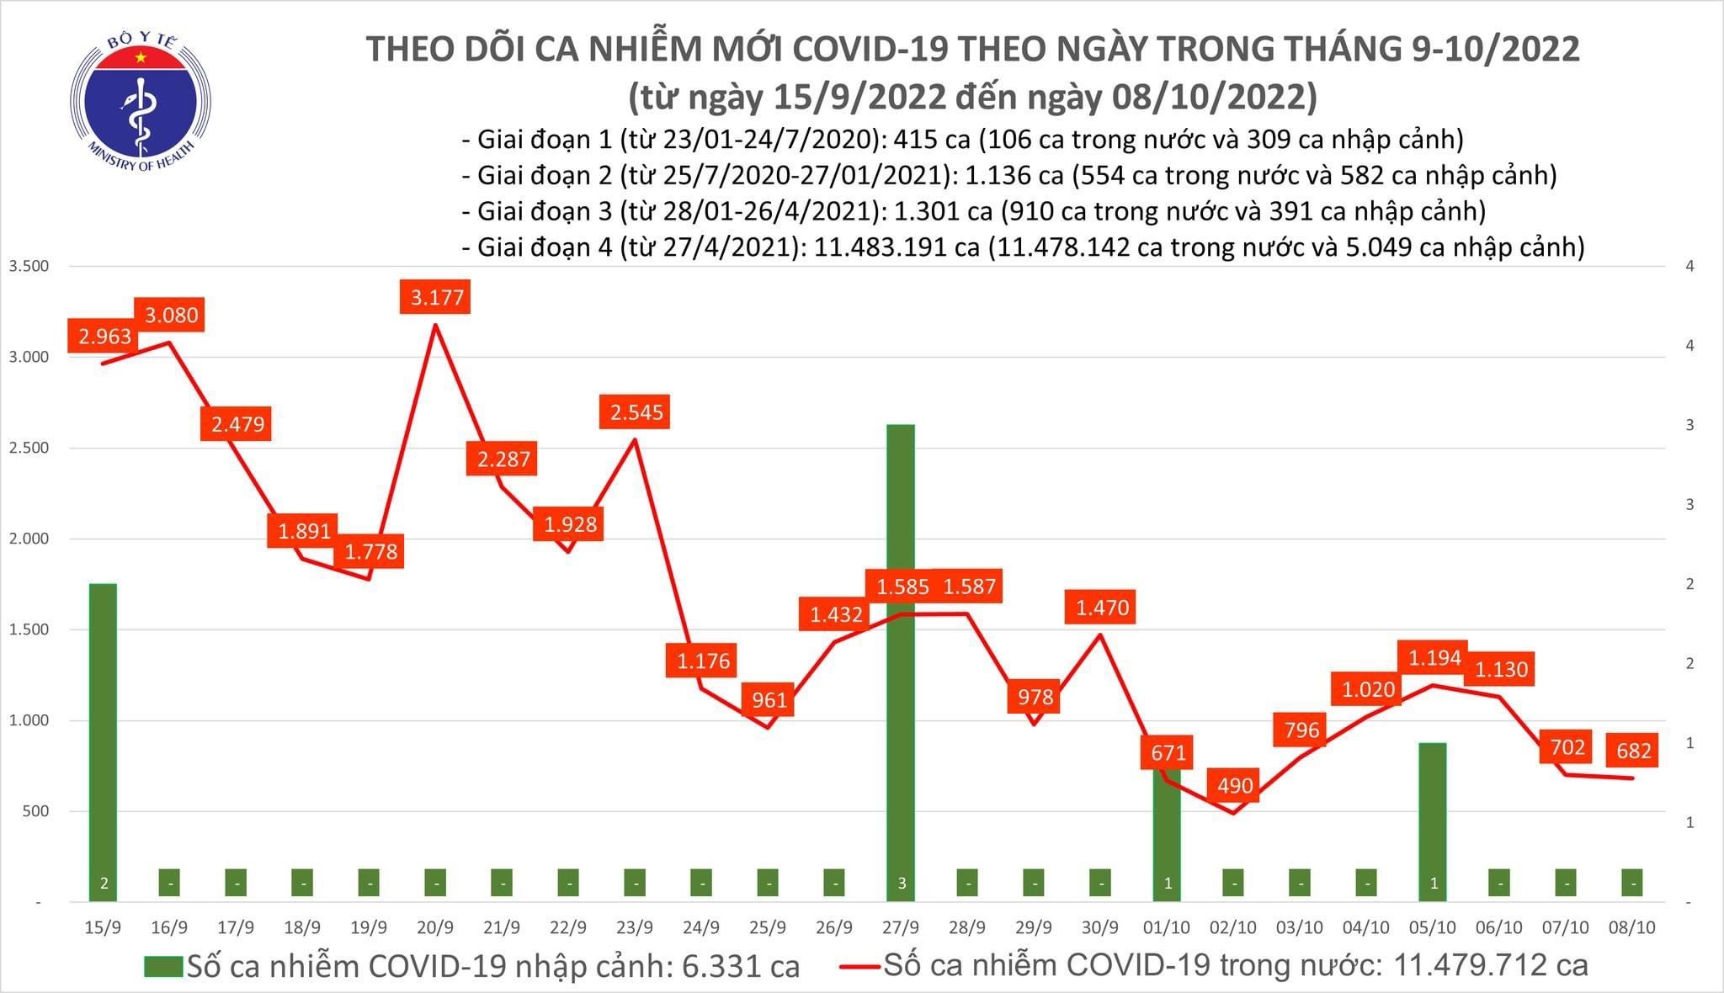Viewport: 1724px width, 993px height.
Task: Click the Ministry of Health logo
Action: point(140,101)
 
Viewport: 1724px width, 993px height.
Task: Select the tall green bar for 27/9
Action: point(900,656)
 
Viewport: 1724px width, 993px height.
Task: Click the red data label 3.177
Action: point(437,297)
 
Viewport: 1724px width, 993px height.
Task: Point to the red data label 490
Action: point(1235,785)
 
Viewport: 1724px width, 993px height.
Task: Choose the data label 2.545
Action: point(636,412)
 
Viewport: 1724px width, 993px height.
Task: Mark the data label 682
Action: point(1632,749)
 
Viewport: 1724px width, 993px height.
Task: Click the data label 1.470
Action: point(1101,607)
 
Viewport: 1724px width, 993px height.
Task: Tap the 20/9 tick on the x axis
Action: point(434,927)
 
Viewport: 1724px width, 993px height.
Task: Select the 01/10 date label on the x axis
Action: point(1166,927)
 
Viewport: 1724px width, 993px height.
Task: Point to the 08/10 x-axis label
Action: point(1632,927)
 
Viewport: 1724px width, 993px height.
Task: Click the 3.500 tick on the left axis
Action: point(29,266)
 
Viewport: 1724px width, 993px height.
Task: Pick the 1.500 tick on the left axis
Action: point(29,629)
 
